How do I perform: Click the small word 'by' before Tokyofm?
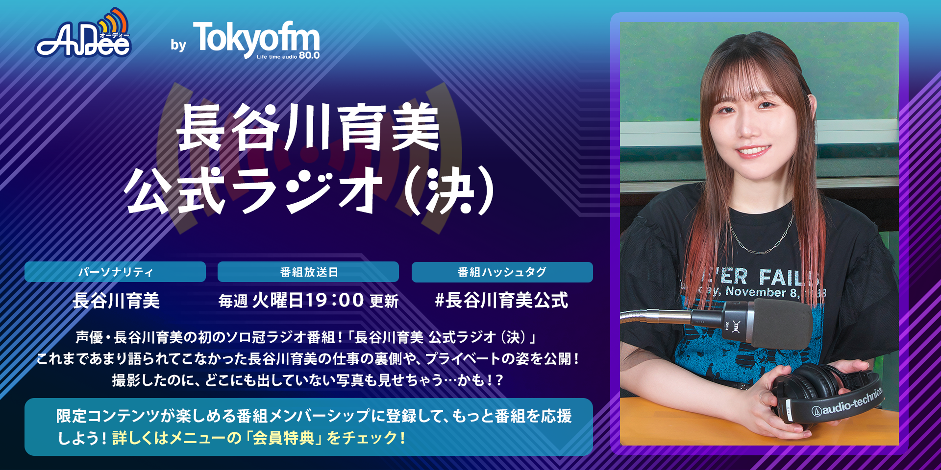pos(178,45)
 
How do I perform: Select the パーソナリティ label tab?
pos(115,272)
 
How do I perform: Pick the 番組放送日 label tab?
pos(308,272)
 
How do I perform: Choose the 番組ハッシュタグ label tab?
pos(502,272)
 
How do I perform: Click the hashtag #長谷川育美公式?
pos(502,300)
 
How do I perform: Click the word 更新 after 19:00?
pos(384,301)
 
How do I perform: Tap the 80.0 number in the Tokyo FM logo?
pos(309,56)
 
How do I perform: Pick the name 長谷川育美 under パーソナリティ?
pos(116,300)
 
